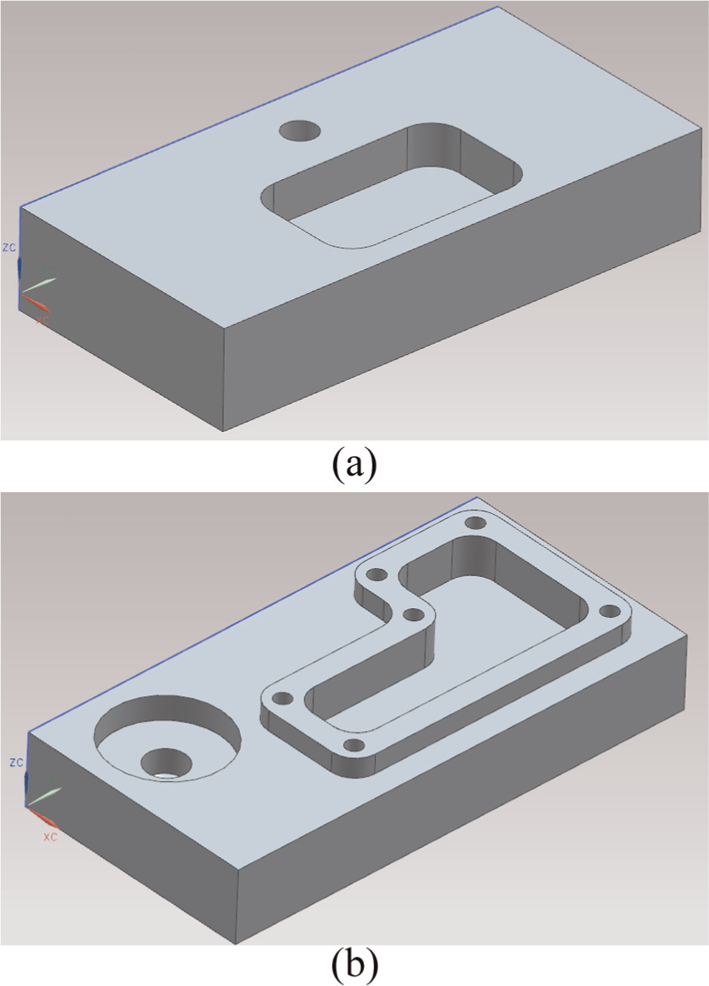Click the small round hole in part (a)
[300, 131]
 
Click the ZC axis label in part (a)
[9, 248]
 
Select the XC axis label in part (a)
[42, 321]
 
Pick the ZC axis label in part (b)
[17, 763]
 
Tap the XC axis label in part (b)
[50, 837]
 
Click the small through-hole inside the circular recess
[167, 764]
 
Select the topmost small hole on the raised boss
[476, 522]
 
